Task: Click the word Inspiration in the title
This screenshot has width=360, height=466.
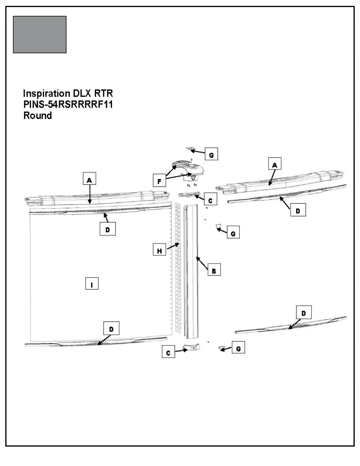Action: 46,94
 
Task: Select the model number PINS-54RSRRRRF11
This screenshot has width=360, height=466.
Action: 68,104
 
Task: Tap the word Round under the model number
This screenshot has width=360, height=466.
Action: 37,115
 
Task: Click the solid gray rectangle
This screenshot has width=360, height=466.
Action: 40,35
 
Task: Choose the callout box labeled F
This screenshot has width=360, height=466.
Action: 159,180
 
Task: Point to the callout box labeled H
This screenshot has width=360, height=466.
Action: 159,251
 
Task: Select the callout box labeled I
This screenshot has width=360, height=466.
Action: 92,284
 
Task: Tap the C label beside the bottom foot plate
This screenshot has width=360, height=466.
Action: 168,352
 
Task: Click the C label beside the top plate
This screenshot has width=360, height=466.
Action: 210,200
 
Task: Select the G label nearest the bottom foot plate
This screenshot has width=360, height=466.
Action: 238,348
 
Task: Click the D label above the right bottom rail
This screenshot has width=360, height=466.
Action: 304,313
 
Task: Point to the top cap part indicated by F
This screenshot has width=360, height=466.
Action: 190,171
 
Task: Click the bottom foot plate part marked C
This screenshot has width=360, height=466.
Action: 191,348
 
